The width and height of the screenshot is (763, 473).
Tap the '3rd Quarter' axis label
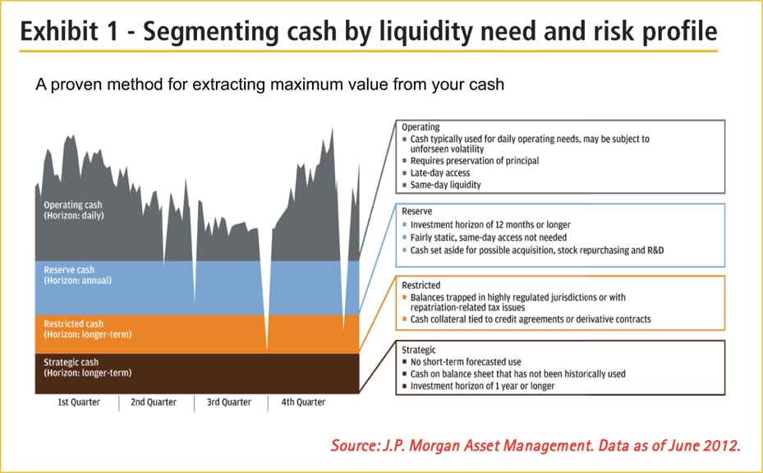[x=229, y=402]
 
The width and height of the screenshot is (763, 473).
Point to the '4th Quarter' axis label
[x=303, y=402]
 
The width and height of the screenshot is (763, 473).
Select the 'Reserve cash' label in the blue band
[x=64, y=269]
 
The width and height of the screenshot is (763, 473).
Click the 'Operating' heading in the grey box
[x=421, y=127]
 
